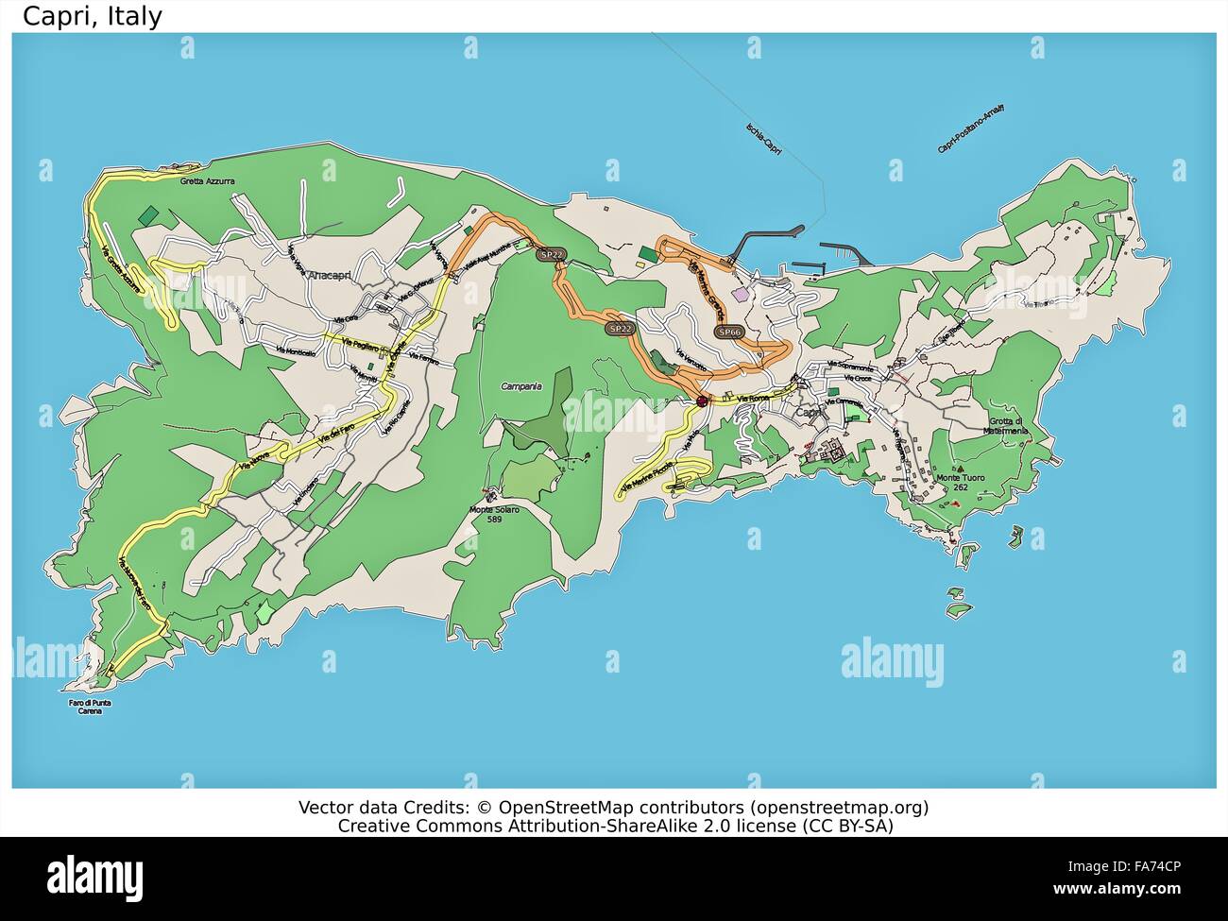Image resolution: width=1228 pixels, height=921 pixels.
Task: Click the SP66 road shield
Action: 728,333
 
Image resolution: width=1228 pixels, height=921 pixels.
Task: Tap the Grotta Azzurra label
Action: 207,180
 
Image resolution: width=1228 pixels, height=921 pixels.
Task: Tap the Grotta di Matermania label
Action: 1006,426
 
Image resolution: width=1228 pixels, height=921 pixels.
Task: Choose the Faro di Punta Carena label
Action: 89,707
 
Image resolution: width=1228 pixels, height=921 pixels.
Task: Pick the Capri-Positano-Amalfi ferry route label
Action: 970,128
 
